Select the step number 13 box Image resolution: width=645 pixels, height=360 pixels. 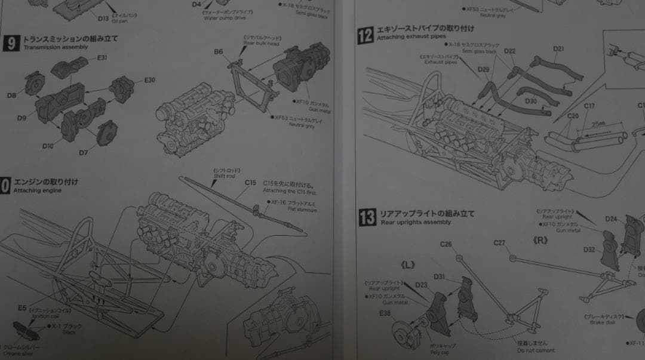pos(367,217)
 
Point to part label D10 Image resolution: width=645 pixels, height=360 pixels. pos(48,146)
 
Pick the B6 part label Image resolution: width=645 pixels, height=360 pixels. pos(219,52)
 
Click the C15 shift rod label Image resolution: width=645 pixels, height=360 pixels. pos(250,183)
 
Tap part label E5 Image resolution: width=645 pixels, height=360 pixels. pos(22,308)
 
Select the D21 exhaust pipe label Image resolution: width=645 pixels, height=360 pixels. pos(559,48)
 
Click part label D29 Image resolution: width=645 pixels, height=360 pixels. pos(483,69)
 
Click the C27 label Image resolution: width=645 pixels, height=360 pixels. pos(499,243)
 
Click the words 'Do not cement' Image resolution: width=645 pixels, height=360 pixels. pos(536,350)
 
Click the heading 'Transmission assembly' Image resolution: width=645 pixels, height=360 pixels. pos(56,47)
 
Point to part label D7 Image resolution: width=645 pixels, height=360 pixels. pos(84,153)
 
